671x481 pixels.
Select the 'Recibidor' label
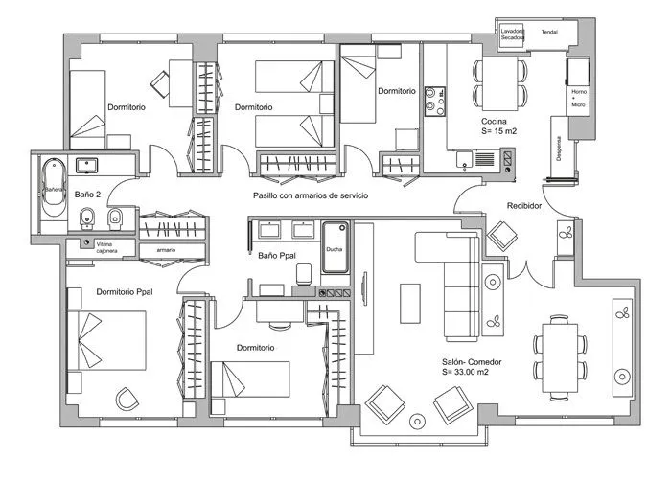(524, 205)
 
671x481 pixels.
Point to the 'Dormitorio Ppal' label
(125, 291)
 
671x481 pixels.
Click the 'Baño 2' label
(88, 195)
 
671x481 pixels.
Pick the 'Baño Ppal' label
(277, 256)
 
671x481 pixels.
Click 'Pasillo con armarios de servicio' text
(311, 195)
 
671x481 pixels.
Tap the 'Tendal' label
(550, 31)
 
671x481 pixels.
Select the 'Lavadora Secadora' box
(513, 34)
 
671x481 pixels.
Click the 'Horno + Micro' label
(578, 96)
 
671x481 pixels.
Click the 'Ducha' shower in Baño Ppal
(335, 248)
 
